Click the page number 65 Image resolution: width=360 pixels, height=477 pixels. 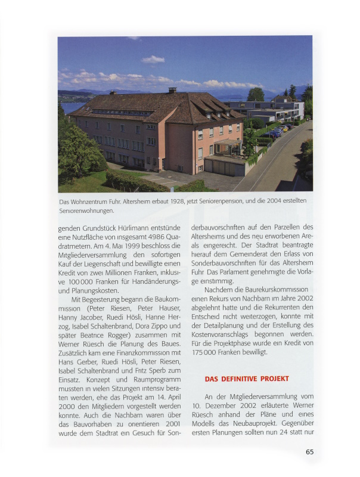pyautogui.click(x=309, y=452)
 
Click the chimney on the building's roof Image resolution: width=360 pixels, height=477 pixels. pyautogui.click(x=172, y=90)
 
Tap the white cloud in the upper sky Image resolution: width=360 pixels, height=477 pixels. pyautogui.click(x=153, y=59)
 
